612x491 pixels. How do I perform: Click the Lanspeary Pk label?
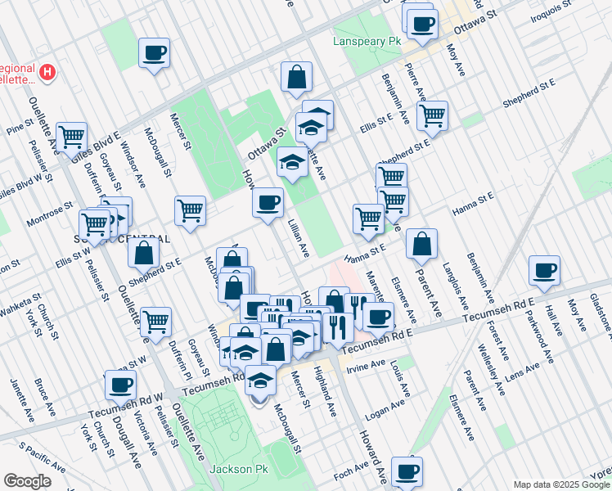pyautogui.click(x=366, y=40)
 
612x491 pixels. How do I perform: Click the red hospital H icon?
pyautogui.click(x=47, y=72)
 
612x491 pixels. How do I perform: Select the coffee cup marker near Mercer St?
pyautogui.click(x=154, y=54)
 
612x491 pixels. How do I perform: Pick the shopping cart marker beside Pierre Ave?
pyautogui.click(x=431, y=115)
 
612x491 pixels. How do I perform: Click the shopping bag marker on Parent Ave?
pyautogui.click(x=421, y=243)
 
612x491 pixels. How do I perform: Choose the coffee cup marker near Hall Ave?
pyautogui.click(x=544, y=270)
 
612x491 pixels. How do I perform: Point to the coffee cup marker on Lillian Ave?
pyautogui.click(x=268, y=202)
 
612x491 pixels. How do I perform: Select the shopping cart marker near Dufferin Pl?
pyautogui.click(x=155, y=321)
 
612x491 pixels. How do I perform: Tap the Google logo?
pyautogui.click(x=27, y=481)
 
